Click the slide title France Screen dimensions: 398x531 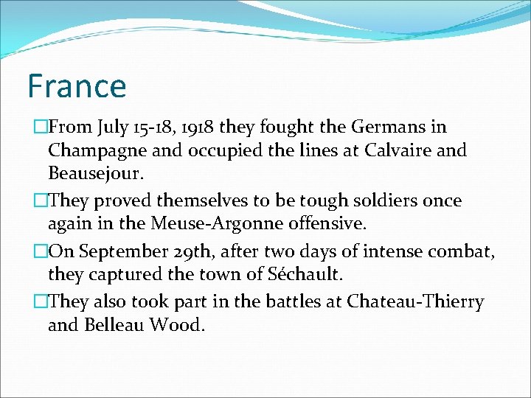[77, 85]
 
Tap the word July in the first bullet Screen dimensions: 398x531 [112, 128]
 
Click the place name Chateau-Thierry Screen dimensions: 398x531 [415, 301]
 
